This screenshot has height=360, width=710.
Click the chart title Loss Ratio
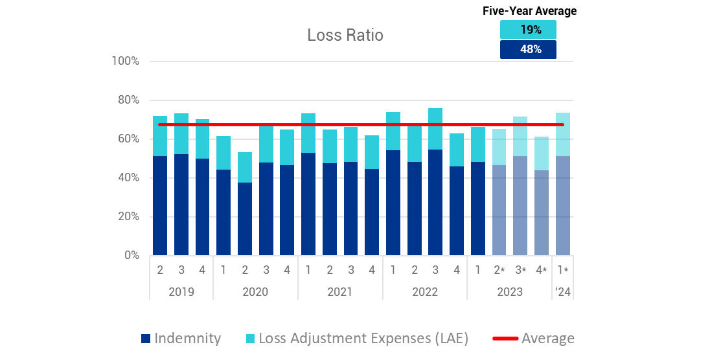pos(345,35)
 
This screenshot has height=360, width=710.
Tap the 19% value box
pos(528,30)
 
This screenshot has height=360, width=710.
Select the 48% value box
pos(528,49)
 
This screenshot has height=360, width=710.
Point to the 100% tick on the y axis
pos(126,61)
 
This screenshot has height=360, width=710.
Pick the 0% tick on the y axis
pos(131,255)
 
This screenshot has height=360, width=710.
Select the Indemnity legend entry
pos(181,338)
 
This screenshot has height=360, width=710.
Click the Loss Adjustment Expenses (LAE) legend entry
pos(357,338)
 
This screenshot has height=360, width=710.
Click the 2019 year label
pos(181,291)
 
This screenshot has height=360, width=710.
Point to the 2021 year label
pos(340,291)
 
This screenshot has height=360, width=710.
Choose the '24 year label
pos(562,291)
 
